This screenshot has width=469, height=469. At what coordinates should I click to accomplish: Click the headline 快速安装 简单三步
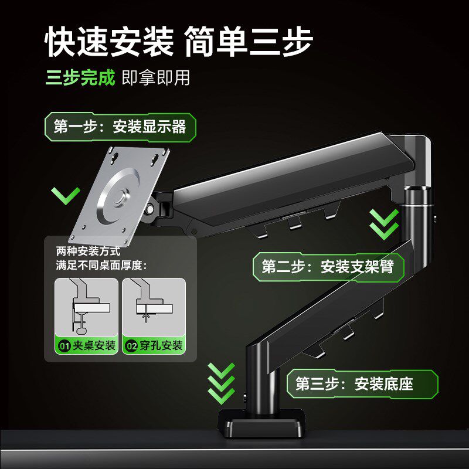click(179, 41)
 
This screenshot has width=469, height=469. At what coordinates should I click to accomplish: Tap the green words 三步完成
click(80, 78)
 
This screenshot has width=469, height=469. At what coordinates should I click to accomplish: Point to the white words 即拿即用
click(156, 78)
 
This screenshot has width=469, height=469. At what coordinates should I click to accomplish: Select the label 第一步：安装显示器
click(120, 127)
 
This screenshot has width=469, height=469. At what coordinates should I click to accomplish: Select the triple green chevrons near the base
click(221, 384)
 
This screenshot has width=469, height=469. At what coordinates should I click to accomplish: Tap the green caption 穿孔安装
click(154, 345)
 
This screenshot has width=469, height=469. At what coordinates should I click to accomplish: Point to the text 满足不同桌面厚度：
click(101, 265)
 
